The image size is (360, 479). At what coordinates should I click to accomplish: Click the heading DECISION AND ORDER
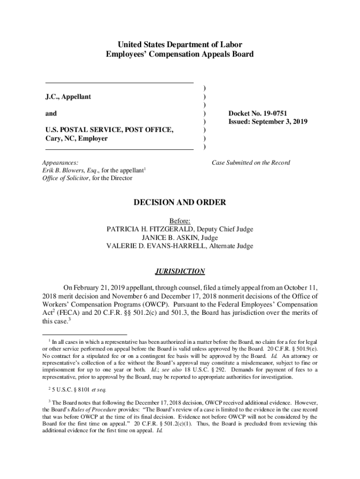pos(180,203)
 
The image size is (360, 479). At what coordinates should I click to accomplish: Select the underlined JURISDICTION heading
pos(180,271)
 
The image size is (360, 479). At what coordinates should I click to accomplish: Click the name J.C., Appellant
pos(68,97)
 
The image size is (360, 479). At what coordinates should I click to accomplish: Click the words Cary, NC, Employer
pos(76,138)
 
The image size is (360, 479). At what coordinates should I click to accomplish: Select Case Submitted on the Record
pos(251,163)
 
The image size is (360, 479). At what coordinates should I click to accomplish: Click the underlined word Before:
pos(180,221)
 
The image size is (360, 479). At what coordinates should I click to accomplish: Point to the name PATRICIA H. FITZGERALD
pos(151,229)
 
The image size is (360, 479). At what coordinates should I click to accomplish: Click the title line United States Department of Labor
pos(180,45)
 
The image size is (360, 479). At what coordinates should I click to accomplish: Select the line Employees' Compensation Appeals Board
pos(180,54)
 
